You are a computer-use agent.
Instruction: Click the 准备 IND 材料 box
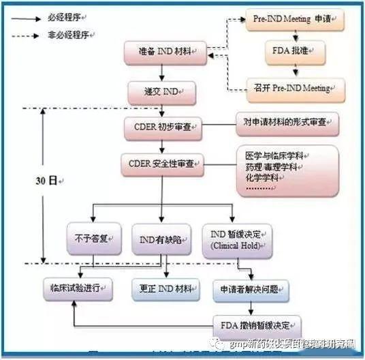165,51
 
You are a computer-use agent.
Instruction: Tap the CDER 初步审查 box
163,127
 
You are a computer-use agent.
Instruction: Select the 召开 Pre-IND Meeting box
296,88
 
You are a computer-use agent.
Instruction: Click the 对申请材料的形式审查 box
287,123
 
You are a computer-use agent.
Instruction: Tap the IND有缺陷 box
159,239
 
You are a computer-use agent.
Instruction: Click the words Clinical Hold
235,245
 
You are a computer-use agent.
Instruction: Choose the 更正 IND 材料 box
165,288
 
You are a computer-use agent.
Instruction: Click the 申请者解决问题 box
249,288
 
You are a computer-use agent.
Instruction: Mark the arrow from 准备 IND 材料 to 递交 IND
161,72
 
